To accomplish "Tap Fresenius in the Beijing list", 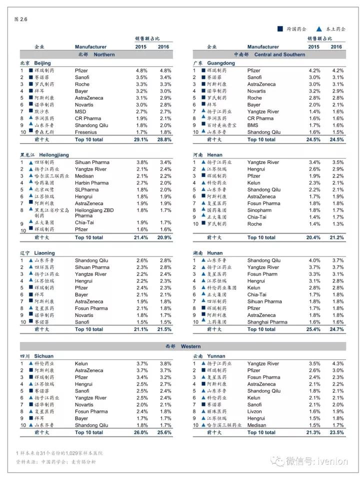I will pyautogui.click(x=85, y=133).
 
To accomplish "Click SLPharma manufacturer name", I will pyautogui.click(x=86, y=190).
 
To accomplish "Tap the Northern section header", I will pyautogui.click(x=96, y=54).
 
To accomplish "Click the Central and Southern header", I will pyautogui.click(x=269, y=54).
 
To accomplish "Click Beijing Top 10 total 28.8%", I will pyautogui.click(x=164, y=140).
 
